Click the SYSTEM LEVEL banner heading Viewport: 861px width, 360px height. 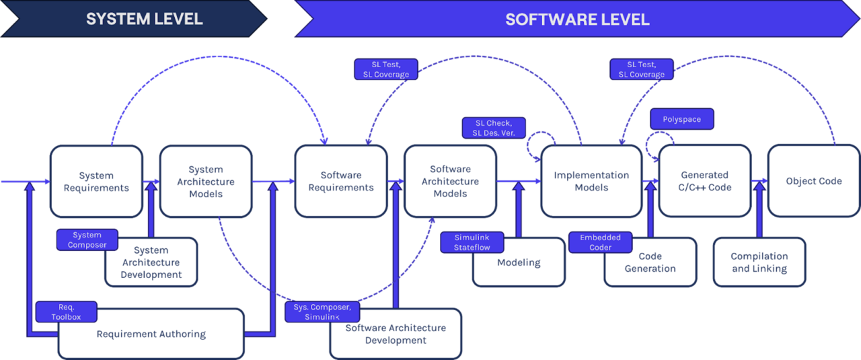click(x=144, y=19)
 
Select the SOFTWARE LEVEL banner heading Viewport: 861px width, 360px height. click(x=577, y=20)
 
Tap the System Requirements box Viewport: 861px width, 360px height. click(x=96, y=182)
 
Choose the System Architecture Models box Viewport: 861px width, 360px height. click(x=206, y=182)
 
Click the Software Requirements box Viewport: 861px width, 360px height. click(x=341, y=181)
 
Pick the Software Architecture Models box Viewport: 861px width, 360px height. click(x=450, y=181)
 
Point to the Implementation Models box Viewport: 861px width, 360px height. click(x=591, y=181)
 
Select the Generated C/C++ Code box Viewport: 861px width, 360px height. click(x=705, y=181)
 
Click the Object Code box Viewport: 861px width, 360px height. click(x=814, y=181)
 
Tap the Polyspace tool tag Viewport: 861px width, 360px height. click(x=682, y=119)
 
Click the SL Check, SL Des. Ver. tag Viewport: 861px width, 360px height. click(x=494, y=128)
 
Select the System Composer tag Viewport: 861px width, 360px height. click(x=87, y=240)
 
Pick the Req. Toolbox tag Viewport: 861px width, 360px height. click(x=66, y=312)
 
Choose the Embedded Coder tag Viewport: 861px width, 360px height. click(x=601, y=242)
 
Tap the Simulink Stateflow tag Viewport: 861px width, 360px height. click(x=472, y=242)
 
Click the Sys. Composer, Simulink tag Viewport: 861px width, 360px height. click(x=322, y=312)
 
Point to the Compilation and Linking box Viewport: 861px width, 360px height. click(x=759, y=262)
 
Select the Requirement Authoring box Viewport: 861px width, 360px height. click(x=151, y=334)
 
